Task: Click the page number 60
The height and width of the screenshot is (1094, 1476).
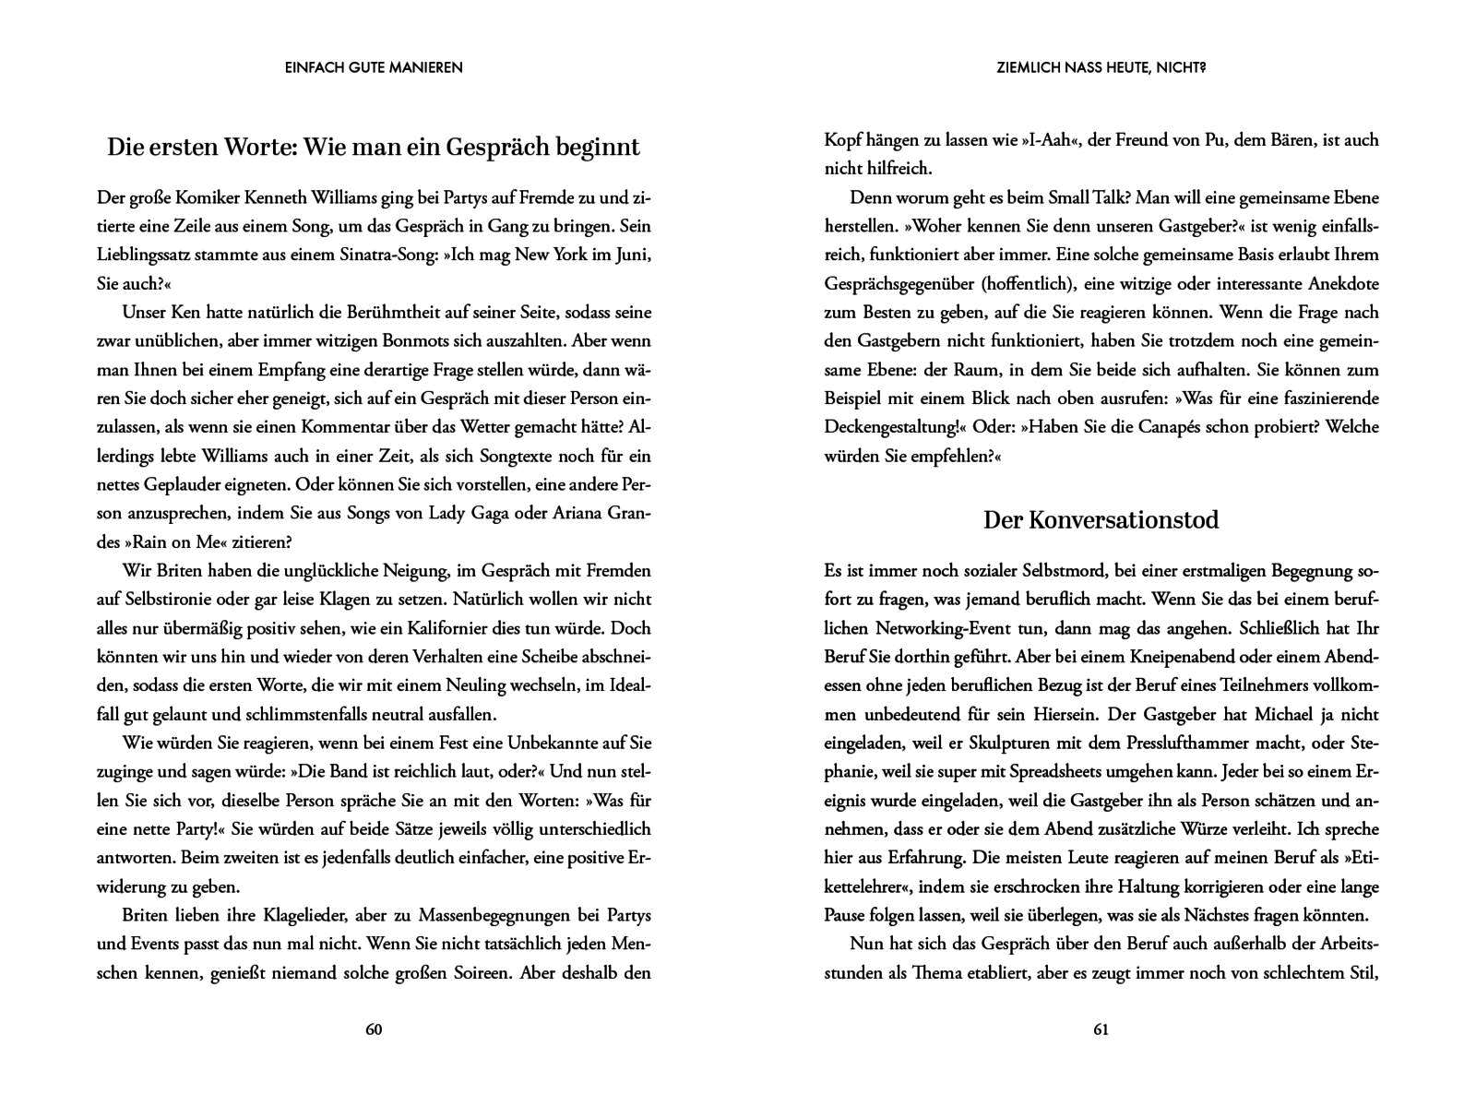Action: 374,1029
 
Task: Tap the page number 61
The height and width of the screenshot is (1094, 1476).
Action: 1101,1029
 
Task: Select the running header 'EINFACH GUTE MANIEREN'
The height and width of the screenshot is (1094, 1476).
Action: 374,67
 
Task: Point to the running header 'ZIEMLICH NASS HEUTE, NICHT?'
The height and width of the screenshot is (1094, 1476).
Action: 1101,67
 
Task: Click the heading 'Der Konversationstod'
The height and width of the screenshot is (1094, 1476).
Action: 1101,520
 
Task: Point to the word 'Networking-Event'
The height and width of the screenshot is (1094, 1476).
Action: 933,628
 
